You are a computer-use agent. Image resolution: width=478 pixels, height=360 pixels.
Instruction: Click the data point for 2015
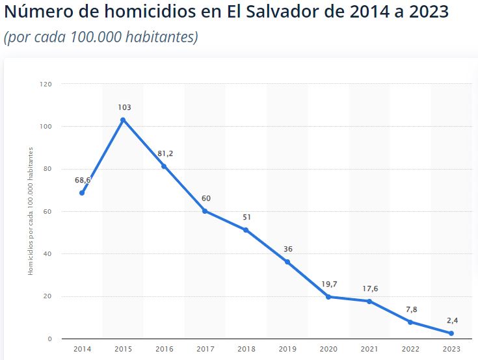coord(122,120)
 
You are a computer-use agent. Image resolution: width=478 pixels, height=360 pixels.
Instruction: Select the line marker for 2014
coord(82,193)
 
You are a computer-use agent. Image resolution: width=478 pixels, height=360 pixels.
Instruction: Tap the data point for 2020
coord(328,297)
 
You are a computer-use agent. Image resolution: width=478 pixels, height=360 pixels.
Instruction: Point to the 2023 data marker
coord(451,333)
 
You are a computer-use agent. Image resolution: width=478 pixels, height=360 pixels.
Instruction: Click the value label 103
coord(124,107)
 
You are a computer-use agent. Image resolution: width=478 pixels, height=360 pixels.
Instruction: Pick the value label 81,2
coord(165,154)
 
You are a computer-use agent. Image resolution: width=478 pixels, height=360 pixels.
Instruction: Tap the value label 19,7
coord(329,284)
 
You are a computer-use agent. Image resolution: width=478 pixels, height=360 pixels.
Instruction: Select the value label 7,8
coord(411,309)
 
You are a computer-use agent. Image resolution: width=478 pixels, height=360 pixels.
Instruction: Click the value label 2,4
coord(452,320)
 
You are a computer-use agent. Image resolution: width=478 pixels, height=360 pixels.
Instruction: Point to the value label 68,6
coord(83,180)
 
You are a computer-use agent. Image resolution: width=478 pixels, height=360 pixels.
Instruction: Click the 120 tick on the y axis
coord(46,84)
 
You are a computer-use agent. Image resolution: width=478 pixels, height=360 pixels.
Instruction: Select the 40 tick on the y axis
coord(47,254)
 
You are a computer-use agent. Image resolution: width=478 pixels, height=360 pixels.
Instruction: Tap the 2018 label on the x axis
coord(246,349)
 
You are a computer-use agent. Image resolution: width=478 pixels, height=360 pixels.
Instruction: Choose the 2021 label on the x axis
coord(369,349)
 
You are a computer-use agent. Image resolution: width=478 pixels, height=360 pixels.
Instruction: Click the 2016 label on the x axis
coord(165,349)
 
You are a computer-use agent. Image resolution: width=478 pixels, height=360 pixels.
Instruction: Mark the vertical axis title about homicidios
coord(31,211)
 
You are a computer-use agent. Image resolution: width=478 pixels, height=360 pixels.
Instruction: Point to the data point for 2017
coord(205,211)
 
